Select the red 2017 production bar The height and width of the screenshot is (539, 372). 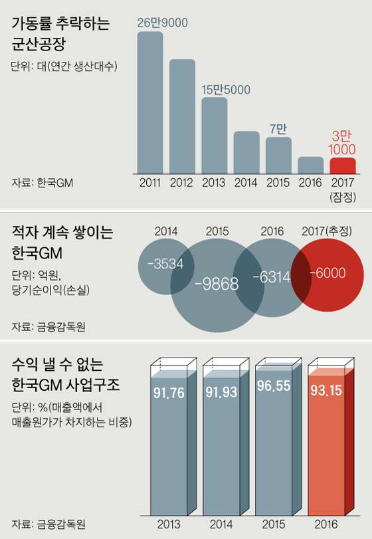(343, 165)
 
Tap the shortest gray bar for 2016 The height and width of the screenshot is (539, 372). (311, 165)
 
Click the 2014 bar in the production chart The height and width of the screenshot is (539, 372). (246, 152)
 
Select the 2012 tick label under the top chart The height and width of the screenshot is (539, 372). (182, 182)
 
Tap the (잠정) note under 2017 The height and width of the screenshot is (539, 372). (343, 197)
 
